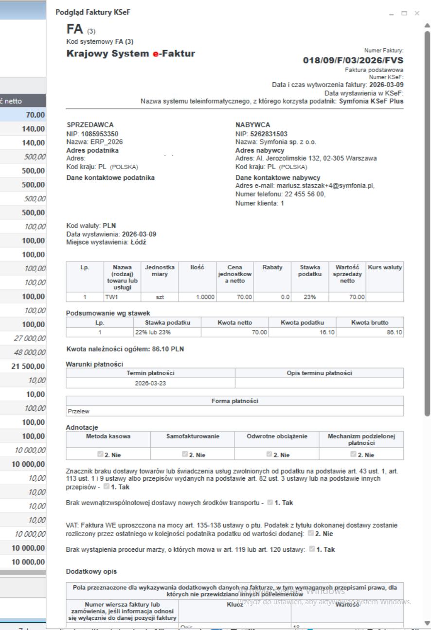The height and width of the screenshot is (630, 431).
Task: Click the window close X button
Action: click(417, 13)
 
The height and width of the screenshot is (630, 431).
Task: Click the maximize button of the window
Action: click(404, 13)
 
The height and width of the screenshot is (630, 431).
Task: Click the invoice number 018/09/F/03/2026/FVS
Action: click(353, 61)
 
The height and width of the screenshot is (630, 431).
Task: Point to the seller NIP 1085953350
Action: click(99, 134)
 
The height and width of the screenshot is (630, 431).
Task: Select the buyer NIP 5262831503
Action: click(269, 134)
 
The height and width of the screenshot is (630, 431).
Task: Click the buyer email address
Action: click(325, 185)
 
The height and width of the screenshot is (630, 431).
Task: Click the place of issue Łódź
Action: click(138, 242)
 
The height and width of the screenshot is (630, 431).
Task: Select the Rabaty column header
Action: click(272, 267)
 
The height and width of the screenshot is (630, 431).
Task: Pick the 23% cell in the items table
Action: click(310, 297)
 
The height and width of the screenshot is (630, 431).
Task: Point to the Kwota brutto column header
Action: click(370, 322)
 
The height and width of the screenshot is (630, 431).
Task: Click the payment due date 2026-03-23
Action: click(150, 383)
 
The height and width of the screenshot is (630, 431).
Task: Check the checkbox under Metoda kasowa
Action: click(101, 455)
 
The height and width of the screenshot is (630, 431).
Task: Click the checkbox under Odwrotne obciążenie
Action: click(269, 455)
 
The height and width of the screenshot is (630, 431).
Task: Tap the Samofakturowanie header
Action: click(192, 436)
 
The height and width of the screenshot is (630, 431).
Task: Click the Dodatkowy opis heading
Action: click(91, 571)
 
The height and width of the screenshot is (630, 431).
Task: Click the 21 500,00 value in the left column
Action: click(28, 366)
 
